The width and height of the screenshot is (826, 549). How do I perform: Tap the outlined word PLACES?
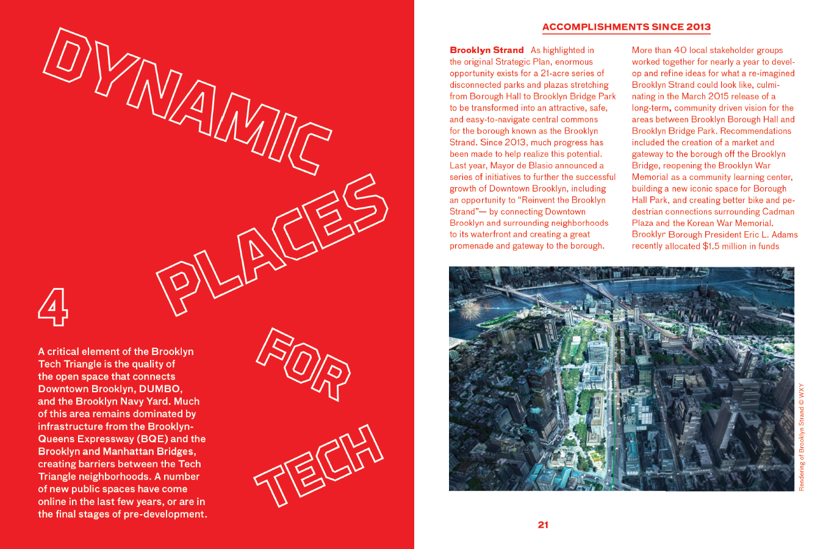coord(271,244)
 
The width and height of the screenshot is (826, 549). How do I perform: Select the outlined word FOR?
coord(303,364)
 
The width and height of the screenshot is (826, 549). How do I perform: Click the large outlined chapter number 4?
coord(53,307)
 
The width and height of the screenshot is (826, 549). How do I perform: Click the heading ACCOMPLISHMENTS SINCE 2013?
coord(626,27)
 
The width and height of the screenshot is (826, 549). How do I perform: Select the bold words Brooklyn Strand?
coord(486,50)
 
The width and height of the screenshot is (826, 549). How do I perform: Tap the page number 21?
coord(543,525)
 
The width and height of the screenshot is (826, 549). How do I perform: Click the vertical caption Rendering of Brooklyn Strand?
coord(802,437)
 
